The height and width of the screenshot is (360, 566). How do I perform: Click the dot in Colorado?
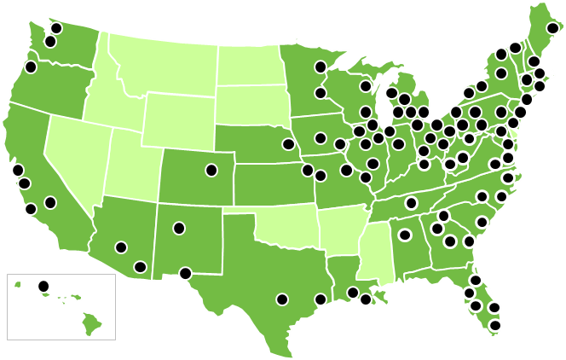(x=211, y=170)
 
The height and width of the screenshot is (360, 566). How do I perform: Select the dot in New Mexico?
(x=179, y=228)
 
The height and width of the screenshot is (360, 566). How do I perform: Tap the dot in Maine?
(x=552, y=28)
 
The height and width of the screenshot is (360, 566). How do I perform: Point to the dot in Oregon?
(x=31, y=67)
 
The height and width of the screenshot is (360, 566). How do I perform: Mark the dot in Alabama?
(x=405, y=235)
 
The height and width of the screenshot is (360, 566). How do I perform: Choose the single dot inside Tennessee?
(x=411, y=203)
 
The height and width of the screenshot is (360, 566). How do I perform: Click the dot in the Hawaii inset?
(x=43, y=285)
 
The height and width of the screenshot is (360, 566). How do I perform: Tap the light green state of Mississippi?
(x=373, y=252)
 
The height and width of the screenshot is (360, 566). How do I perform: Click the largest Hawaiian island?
(x=92, y=323)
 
